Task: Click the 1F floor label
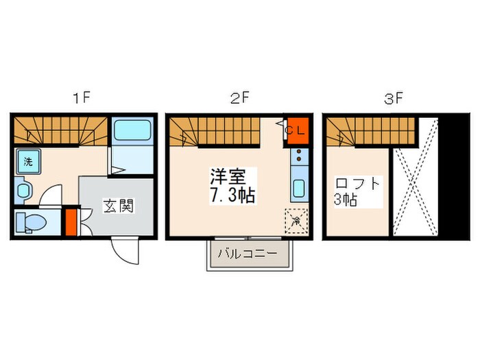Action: (82, 98)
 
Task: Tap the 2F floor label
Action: (239, 98)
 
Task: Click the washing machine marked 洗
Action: (28, 163)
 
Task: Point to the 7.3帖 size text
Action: (232, 195)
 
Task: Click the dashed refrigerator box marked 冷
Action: (296, 221)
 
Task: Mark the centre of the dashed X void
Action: (414, 180)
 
